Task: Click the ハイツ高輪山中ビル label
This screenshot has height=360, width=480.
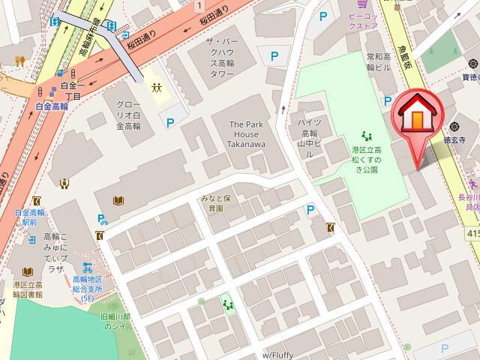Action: click(x=309, y=137)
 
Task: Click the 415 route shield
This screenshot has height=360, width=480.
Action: click(x=472, y=234)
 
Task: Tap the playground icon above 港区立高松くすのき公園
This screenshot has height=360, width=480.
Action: click(x=367, y=135)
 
